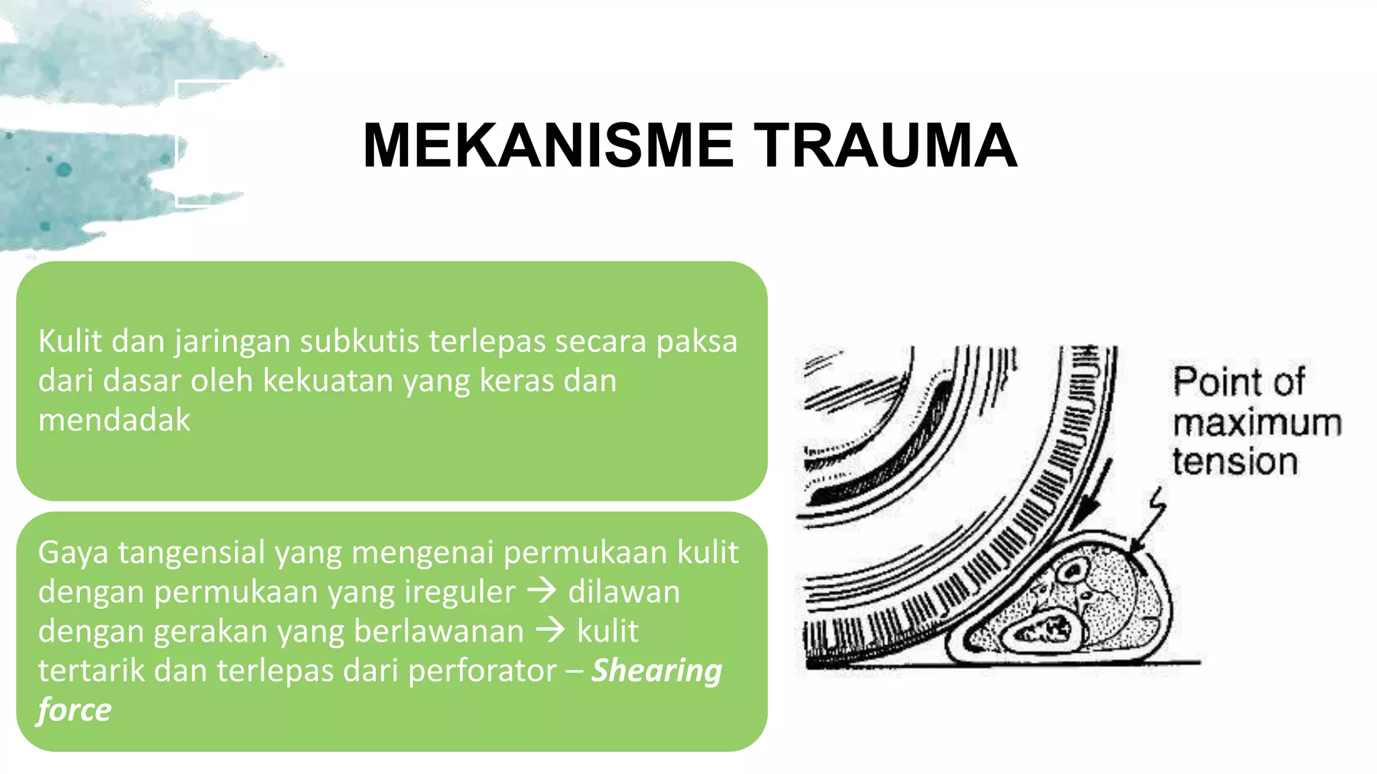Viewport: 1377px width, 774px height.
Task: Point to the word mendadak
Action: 114,420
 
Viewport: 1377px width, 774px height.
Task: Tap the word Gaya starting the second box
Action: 73,553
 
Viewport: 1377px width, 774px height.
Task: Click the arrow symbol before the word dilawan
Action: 542,591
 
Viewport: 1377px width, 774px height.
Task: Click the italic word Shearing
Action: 656,671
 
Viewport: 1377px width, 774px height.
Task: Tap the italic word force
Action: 75,710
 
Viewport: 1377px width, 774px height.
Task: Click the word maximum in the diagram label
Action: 1257,423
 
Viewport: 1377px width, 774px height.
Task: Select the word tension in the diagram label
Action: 1235,462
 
